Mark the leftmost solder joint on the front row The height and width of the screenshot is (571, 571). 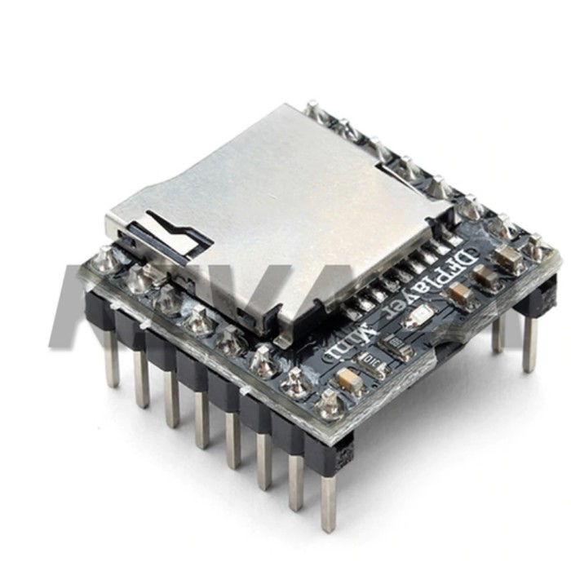coord(105,259)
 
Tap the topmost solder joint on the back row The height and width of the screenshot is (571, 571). coord(312,108)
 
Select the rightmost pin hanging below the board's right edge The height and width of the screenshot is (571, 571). coord(530,343)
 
